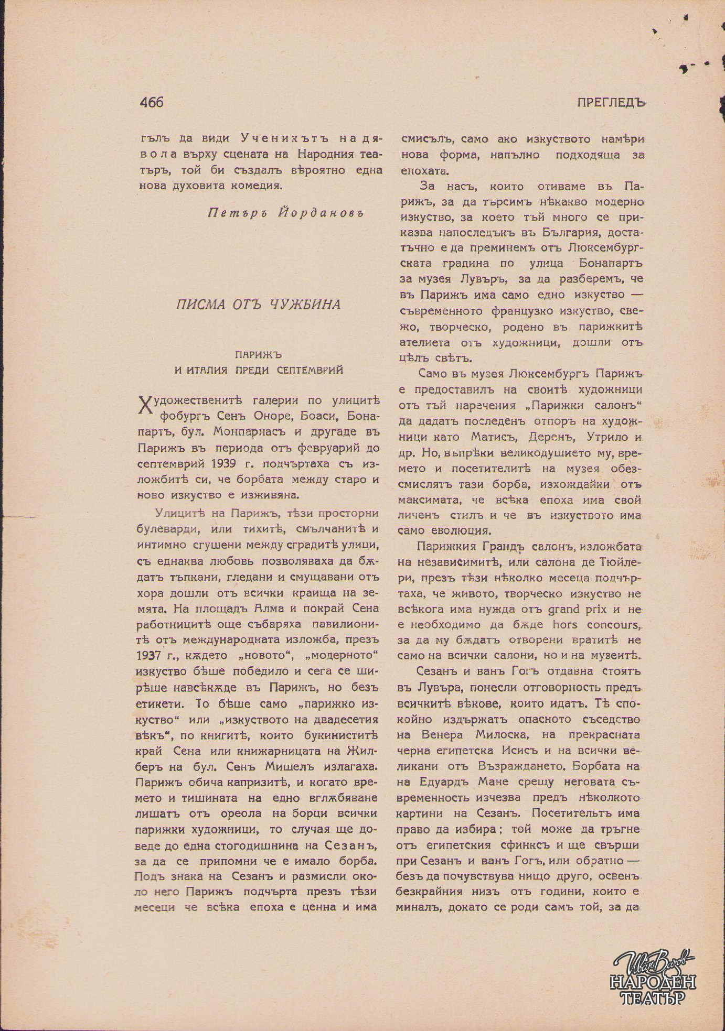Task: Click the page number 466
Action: pos(152,102)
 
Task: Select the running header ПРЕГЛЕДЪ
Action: pos(610,103)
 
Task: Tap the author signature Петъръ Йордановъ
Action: pos(286,213)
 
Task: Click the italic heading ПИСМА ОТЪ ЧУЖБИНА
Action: pos(258,305)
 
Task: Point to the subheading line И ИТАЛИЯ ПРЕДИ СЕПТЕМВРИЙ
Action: pos(259,370)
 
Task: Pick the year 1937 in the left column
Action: pos(151,656)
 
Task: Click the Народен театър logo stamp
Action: pos(654,978)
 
